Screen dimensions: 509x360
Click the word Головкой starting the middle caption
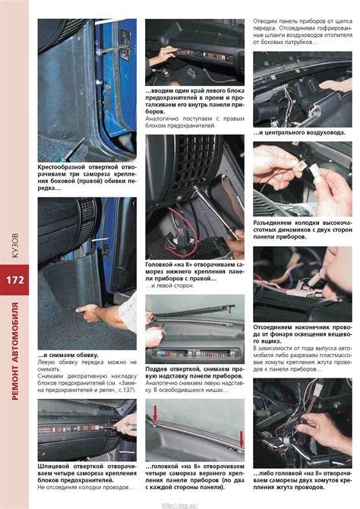[x=163, y=262]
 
